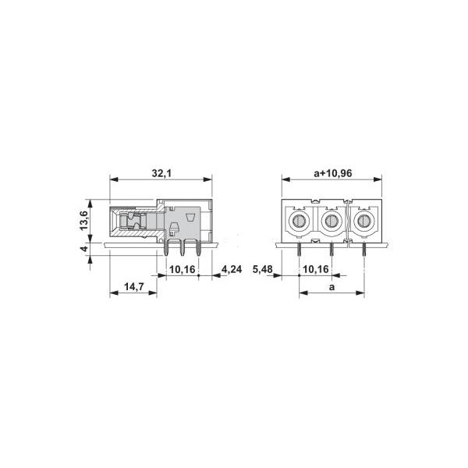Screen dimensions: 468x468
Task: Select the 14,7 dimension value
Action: [x=133, y=287]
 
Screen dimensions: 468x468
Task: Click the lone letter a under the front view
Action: [x=331, y=287]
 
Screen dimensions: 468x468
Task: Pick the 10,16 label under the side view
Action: [x=183, y=269]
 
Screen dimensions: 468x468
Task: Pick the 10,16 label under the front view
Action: [x=315, y=269]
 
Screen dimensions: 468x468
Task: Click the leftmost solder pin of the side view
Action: [x=168, y=250]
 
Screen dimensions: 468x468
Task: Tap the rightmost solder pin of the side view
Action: [x=198, y=250]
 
